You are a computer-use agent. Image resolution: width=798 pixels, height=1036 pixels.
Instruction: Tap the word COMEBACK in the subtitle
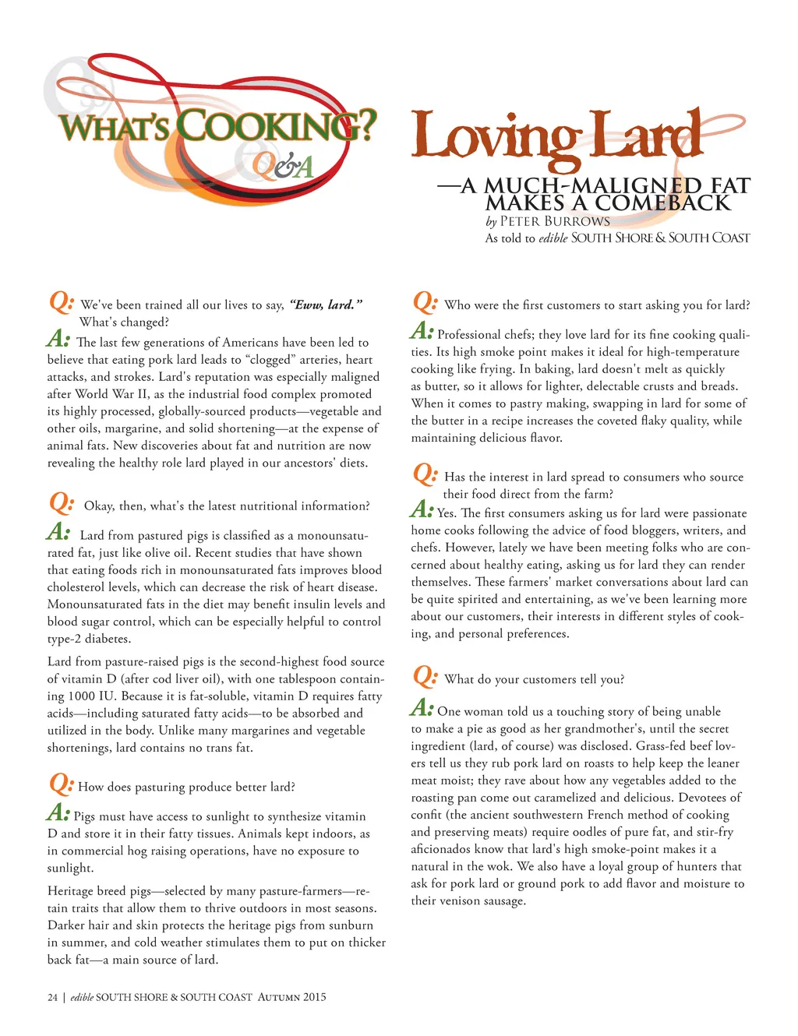tap(663, 203)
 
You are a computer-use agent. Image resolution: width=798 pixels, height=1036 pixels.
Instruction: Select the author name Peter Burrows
tap(555, 221)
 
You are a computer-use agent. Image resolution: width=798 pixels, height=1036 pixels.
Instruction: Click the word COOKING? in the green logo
tap(277, 125)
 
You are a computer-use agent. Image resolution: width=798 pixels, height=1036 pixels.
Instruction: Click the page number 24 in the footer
tap(52, 997)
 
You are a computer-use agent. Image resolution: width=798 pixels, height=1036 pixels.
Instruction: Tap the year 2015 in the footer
tap(314, 997)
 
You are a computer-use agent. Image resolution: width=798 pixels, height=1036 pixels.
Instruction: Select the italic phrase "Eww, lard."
tap(326, 305)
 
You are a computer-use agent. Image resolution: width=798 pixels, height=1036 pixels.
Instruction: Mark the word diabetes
tap(106, 639)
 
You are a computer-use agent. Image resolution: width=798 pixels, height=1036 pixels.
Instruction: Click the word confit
tap(428, 815)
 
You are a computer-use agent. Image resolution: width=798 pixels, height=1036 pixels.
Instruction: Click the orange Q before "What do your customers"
tap(425, 676)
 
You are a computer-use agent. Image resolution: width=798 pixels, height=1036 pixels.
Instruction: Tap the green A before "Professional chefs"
tap(422, 332)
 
